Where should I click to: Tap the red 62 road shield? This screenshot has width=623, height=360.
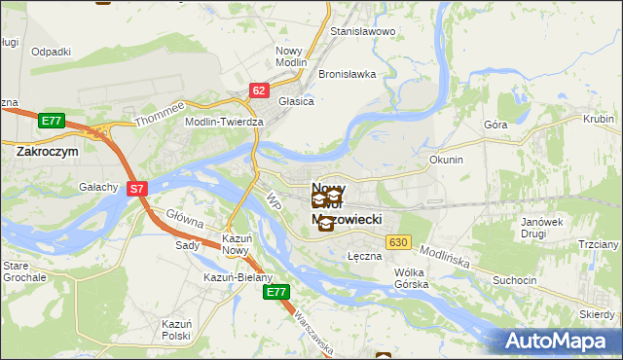pyautogui.click(x=258, y=90)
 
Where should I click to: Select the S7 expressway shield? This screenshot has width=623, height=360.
pyautogui.click(x=137, y=190)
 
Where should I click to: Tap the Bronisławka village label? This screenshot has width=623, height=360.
pyautogui.click(x=347, y=74)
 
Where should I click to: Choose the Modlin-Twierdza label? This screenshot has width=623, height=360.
pyautogui.click(x=225, y=122)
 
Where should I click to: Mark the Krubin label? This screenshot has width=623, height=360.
pyautogui.click(x=598, y=119)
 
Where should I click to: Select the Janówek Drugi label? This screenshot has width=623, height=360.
pyautogui.click(x=543, y=229)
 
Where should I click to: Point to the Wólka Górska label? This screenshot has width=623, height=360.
pyautogui.click(x=411, y=278)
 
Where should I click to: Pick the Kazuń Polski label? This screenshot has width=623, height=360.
pyautogui.click(x=176, y=329)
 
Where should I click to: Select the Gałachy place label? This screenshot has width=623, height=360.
pyautogui.click(x=99, y=188)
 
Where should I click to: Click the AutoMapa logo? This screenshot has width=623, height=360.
pyautogui.click(x=560, y=342)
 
